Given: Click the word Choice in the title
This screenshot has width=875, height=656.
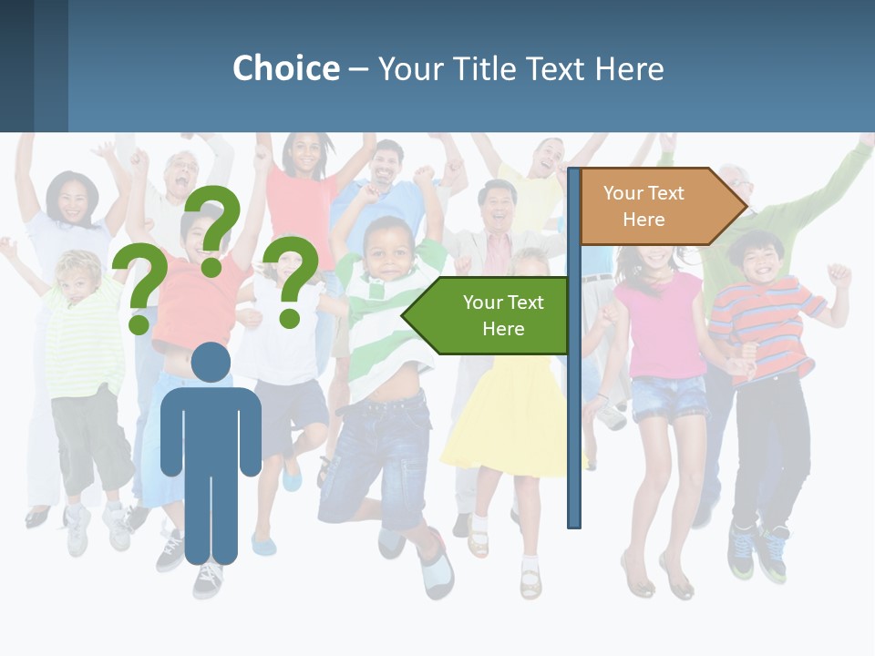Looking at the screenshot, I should (x=285, y=68).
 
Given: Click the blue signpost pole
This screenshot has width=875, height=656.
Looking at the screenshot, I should (x=574, y=410).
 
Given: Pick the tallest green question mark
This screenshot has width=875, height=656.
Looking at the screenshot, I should (x=215, y=228).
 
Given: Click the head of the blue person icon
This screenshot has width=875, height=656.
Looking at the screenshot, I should (x=211, y=363).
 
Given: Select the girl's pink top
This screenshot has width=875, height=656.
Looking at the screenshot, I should (x=658, y=323).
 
